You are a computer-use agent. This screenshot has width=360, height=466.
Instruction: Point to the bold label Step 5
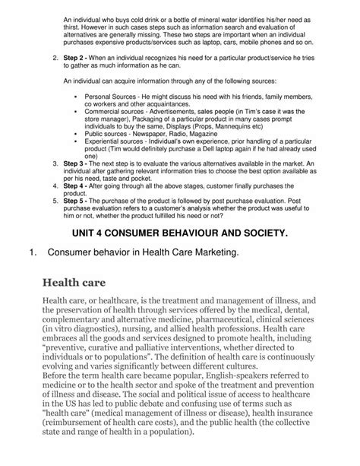click(x=74, y=199)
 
